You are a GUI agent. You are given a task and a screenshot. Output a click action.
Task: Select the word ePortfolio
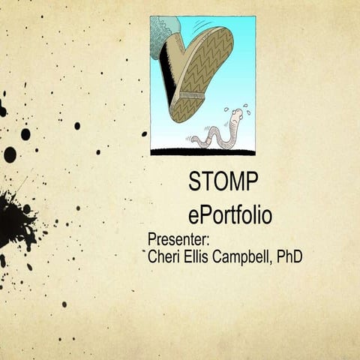click(x=230, y=215)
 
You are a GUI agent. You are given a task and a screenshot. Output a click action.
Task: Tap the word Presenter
click(x=178, y=240)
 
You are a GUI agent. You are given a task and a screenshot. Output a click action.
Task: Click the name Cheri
click(x=166, y=257)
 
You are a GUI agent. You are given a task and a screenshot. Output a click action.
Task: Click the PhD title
click(x=289, y=257)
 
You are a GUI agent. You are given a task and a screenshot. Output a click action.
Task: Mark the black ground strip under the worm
click(x=202, y=151)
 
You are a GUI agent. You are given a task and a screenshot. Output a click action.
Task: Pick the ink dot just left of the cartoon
click(x=144, y=133)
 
